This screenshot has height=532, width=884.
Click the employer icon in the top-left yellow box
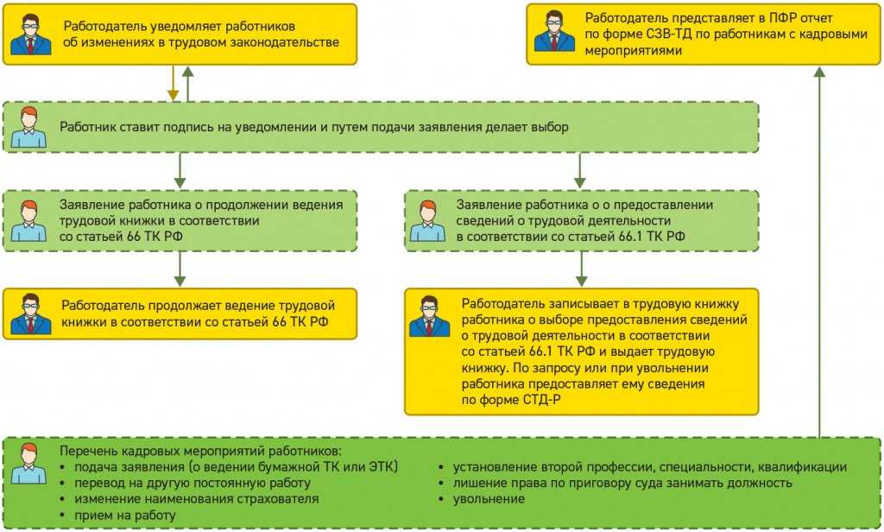[30, 35]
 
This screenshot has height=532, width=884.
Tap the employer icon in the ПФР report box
[554, 35]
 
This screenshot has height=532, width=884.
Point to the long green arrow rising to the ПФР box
[819, 250]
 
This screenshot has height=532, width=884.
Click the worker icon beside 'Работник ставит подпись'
[28, 128]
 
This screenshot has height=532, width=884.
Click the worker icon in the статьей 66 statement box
[28, 221]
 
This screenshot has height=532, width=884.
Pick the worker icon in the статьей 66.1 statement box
[427, 221]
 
